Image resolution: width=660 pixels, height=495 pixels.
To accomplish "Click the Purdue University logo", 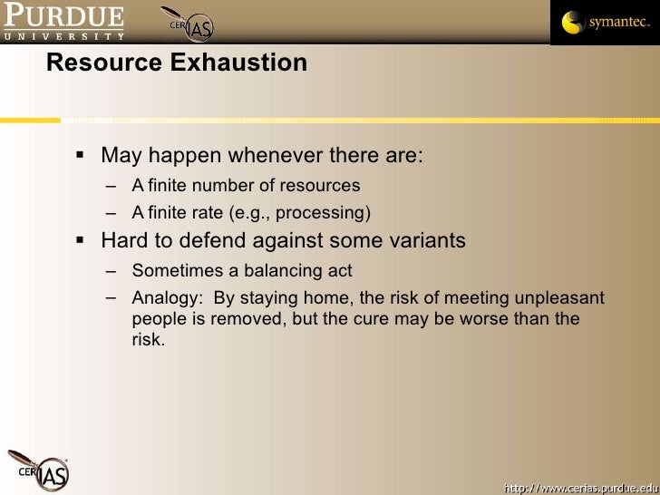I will coord(63,22).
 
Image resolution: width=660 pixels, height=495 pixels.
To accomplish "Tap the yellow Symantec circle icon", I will coord(573,23).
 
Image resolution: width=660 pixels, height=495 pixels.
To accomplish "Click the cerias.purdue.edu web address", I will coord(578,487).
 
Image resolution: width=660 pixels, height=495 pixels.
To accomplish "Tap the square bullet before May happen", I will coord(79,154).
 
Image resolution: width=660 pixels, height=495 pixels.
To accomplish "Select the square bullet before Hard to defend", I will coord(79,240).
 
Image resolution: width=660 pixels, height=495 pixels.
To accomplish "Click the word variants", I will coord(428,241).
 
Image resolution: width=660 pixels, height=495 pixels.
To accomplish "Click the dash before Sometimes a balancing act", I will coord(111,270).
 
